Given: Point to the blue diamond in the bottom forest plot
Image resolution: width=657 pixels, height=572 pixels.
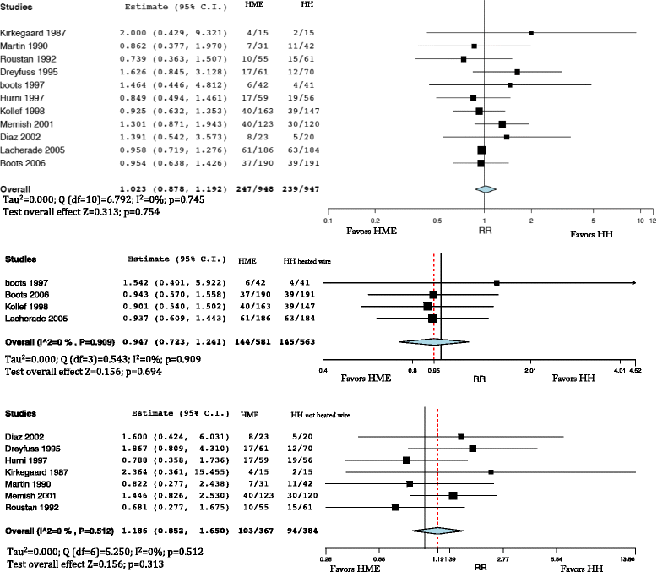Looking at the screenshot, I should (x=437, y=531).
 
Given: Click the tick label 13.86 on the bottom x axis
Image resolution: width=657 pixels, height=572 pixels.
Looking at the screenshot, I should (x=627, y=558).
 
